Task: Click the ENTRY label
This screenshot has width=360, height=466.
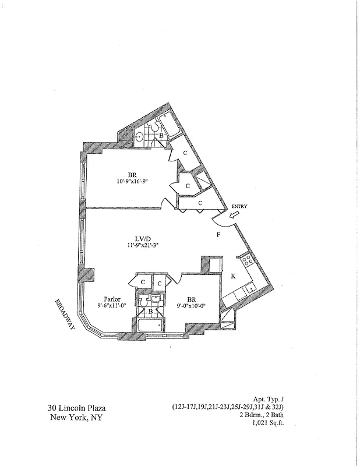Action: [239, 206]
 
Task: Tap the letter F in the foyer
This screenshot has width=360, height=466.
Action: [218, 235]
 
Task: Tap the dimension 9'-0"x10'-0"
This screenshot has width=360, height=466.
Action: [191, 307]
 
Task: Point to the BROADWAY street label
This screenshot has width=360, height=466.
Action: [65, 315]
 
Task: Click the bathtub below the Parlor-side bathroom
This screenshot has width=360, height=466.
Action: [151, 326]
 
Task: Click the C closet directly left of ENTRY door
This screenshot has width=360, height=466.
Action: [200, 203]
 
